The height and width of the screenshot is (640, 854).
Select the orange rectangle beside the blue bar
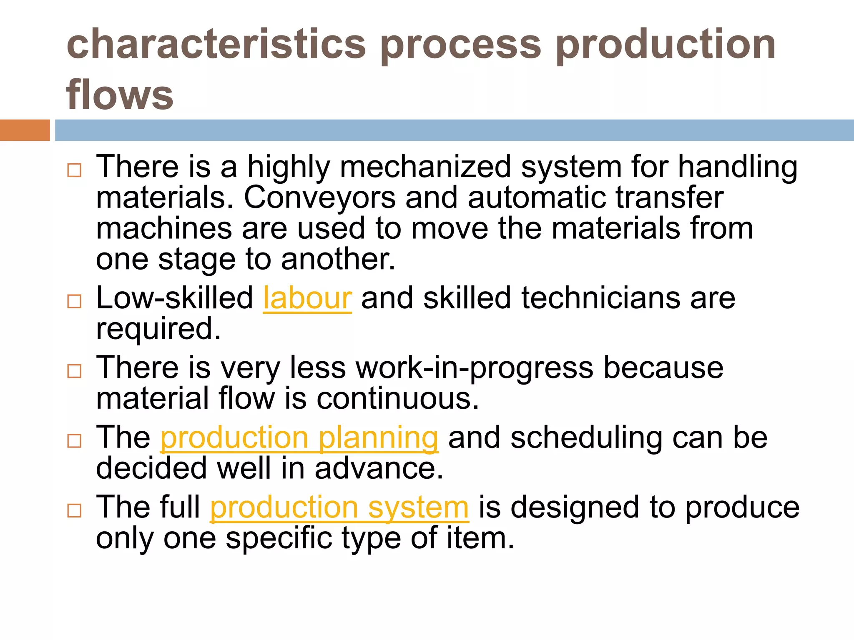coord(25,130)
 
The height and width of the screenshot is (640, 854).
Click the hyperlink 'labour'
coord(307,298)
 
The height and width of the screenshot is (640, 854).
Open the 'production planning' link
coord(299,438)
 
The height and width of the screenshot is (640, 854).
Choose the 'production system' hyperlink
coord(339,507)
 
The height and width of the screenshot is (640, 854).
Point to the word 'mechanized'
coord(425,167)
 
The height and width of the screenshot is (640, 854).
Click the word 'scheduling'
coord(586,438)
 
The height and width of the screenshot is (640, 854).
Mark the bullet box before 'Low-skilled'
coord(74,301)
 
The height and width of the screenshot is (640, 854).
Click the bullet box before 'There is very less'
coord(74,371)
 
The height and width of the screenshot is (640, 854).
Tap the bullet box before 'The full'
coord(74,510)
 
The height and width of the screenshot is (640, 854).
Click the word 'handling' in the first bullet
coord(737,167)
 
